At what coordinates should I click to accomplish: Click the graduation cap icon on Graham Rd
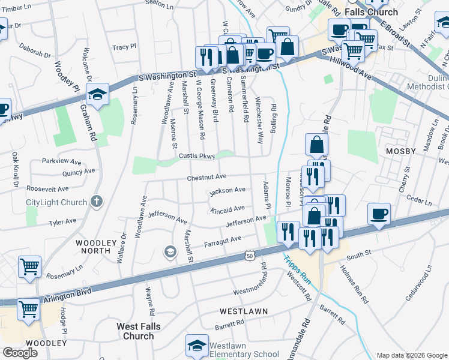coord(97,94)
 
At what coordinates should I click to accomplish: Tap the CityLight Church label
coord(56,202)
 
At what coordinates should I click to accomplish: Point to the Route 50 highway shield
coord(249,256)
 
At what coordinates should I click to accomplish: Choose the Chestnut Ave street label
coord(206,177)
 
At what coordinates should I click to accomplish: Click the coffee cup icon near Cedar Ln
coord(379,214)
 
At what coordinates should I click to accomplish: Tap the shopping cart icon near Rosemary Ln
coord(30,266)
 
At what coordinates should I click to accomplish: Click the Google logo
coord(20,352)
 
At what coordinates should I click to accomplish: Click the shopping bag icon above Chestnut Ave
coord(316,145)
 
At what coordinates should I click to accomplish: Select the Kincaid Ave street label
coord(227,209)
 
